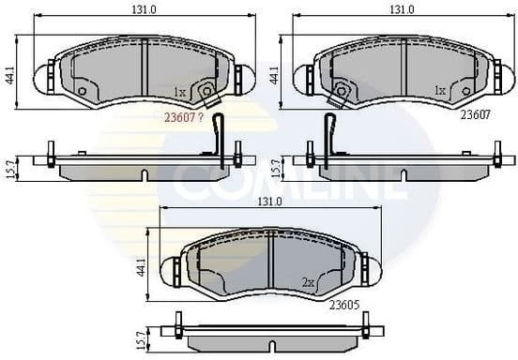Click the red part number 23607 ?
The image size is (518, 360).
tap(185, 116)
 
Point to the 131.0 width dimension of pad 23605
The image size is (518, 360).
tap(269, 202)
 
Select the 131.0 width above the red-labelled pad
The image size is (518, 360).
tap(144, 8)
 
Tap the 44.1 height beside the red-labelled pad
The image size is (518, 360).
tap(9, 75)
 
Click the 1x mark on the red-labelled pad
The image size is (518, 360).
tap(180, 91)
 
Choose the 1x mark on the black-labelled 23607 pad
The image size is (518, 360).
tap(438, 91)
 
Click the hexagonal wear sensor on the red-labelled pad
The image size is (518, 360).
tap(205, 91)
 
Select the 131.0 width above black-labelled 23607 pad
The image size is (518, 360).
tap(402, 8)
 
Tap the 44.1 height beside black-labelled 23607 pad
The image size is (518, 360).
tap(275, 75)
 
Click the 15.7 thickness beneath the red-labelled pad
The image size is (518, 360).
tap(9, 167)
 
